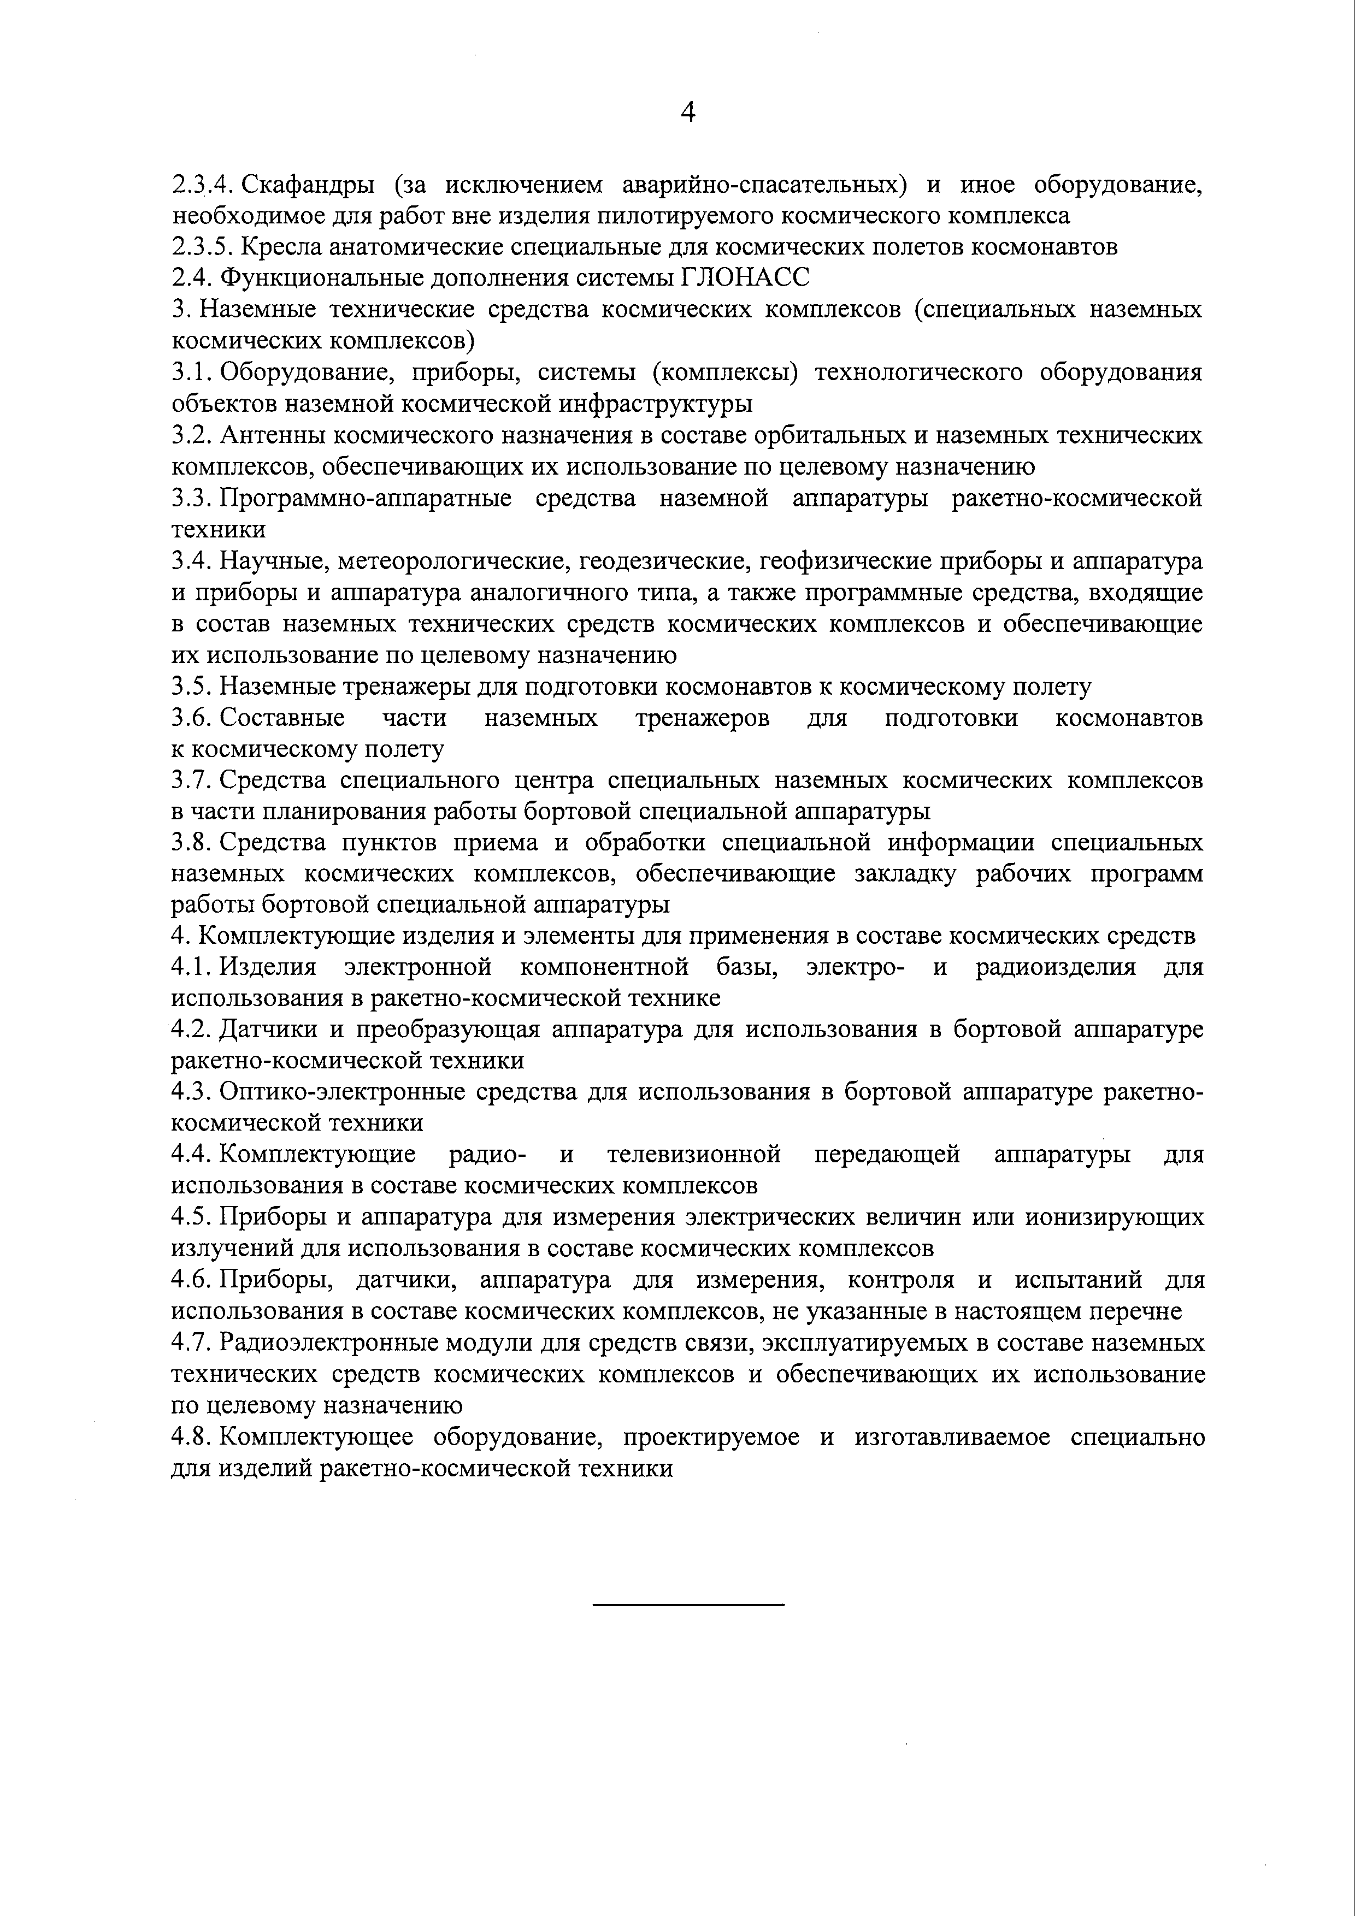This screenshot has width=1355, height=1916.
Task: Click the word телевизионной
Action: (694, 1155)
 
